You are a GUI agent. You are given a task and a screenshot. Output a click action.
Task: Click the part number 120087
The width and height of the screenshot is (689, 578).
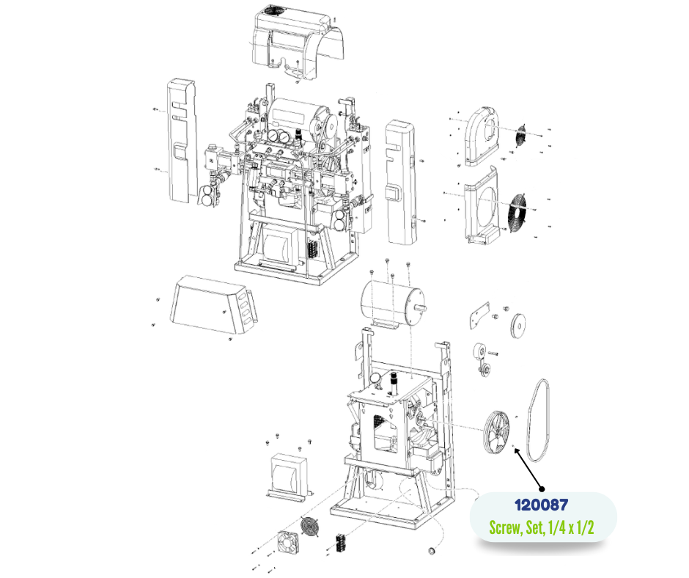[542, 505]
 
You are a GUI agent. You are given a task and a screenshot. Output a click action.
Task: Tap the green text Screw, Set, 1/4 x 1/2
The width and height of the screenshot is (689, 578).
[542, 527]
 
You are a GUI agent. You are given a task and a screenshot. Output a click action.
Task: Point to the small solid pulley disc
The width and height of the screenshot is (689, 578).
[518, 326]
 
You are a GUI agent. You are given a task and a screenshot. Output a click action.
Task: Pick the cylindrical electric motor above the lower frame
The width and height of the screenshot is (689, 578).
[392, 304]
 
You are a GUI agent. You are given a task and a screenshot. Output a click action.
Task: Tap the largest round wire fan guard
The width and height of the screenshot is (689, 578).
[517, 211]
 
